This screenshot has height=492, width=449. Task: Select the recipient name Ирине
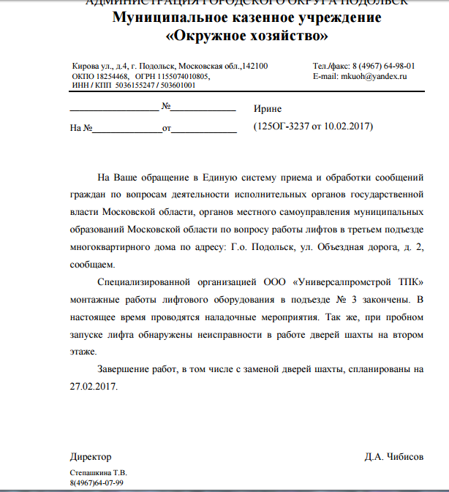(267, 107)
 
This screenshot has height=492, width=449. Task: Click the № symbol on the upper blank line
(165, 107)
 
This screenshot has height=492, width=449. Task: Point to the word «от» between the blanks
(167, 128)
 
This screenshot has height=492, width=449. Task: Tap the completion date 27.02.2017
(94, 387)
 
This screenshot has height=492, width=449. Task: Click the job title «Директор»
(91, 457)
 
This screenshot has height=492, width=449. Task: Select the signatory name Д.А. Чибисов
(393, 457)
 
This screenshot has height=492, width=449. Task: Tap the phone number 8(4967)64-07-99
(97, 483)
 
